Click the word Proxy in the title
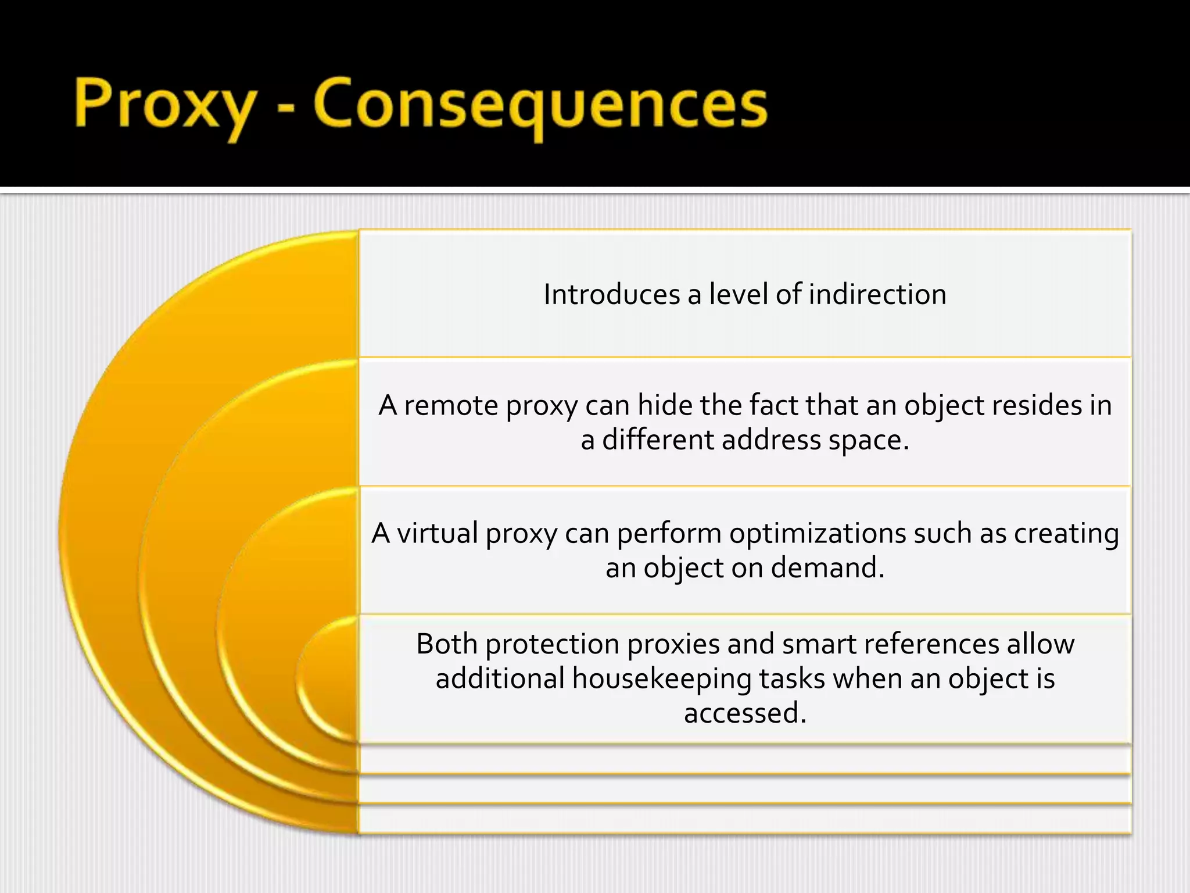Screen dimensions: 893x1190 [165, 105]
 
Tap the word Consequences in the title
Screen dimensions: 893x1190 [540, 105]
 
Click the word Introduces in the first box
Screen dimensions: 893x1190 [612, 294]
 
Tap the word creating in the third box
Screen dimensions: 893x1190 [1066, 533]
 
